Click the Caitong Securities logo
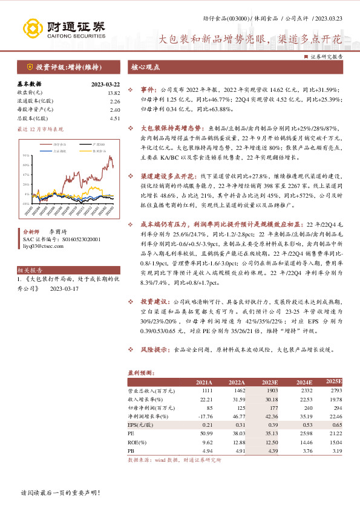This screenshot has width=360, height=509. point(64,28)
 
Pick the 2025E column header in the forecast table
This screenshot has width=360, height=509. point(333,382)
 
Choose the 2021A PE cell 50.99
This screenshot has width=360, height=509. point(205,434)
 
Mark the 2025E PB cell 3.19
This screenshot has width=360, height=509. point(336,451)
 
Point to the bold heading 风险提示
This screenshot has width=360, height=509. point(154,349)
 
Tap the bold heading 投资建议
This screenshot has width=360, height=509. point(154,300)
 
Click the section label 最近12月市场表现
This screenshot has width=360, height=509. point(41,129)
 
